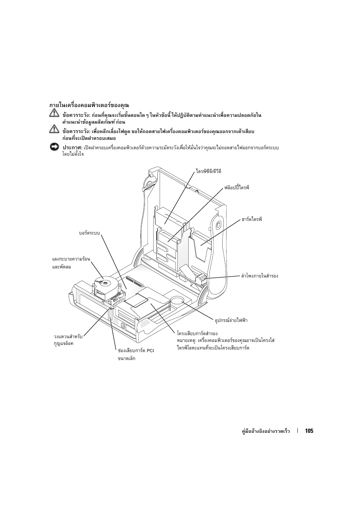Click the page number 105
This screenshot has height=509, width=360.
(x=309, y=431)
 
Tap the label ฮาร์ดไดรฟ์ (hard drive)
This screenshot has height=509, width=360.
(x=252, y=219)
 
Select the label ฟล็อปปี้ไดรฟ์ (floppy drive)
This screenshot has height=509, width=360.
(x=237, y=187)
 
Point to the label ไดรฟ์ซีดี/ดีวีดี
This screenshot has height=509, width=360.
(x=208, y=171)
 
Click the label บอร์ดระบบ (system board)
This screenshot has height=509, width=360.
(x=89, y=233)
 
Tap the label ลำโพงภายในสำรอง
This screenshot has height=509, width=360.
(x=259, y=276)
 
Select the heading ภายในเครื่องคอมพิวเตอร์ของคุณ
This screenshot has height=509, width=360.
(x=89, y=105)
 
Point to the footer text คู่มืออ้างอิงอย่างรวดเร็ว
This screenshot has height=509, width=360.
(x=266, y=431)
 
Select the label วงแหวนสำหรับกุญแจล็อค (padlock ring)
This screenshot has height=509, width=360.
(x=68, y=340)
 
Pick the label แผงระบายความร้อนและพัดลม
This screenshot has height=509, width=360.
(x=71, y=263)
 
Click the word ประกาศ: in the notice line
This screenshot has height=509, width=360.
(x=72, y=147)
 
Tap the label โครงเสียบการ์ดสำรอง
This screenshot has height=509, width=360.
(x=197, y=334)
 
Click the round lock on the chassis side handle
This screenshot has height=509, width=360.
(x=218, y=225)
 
